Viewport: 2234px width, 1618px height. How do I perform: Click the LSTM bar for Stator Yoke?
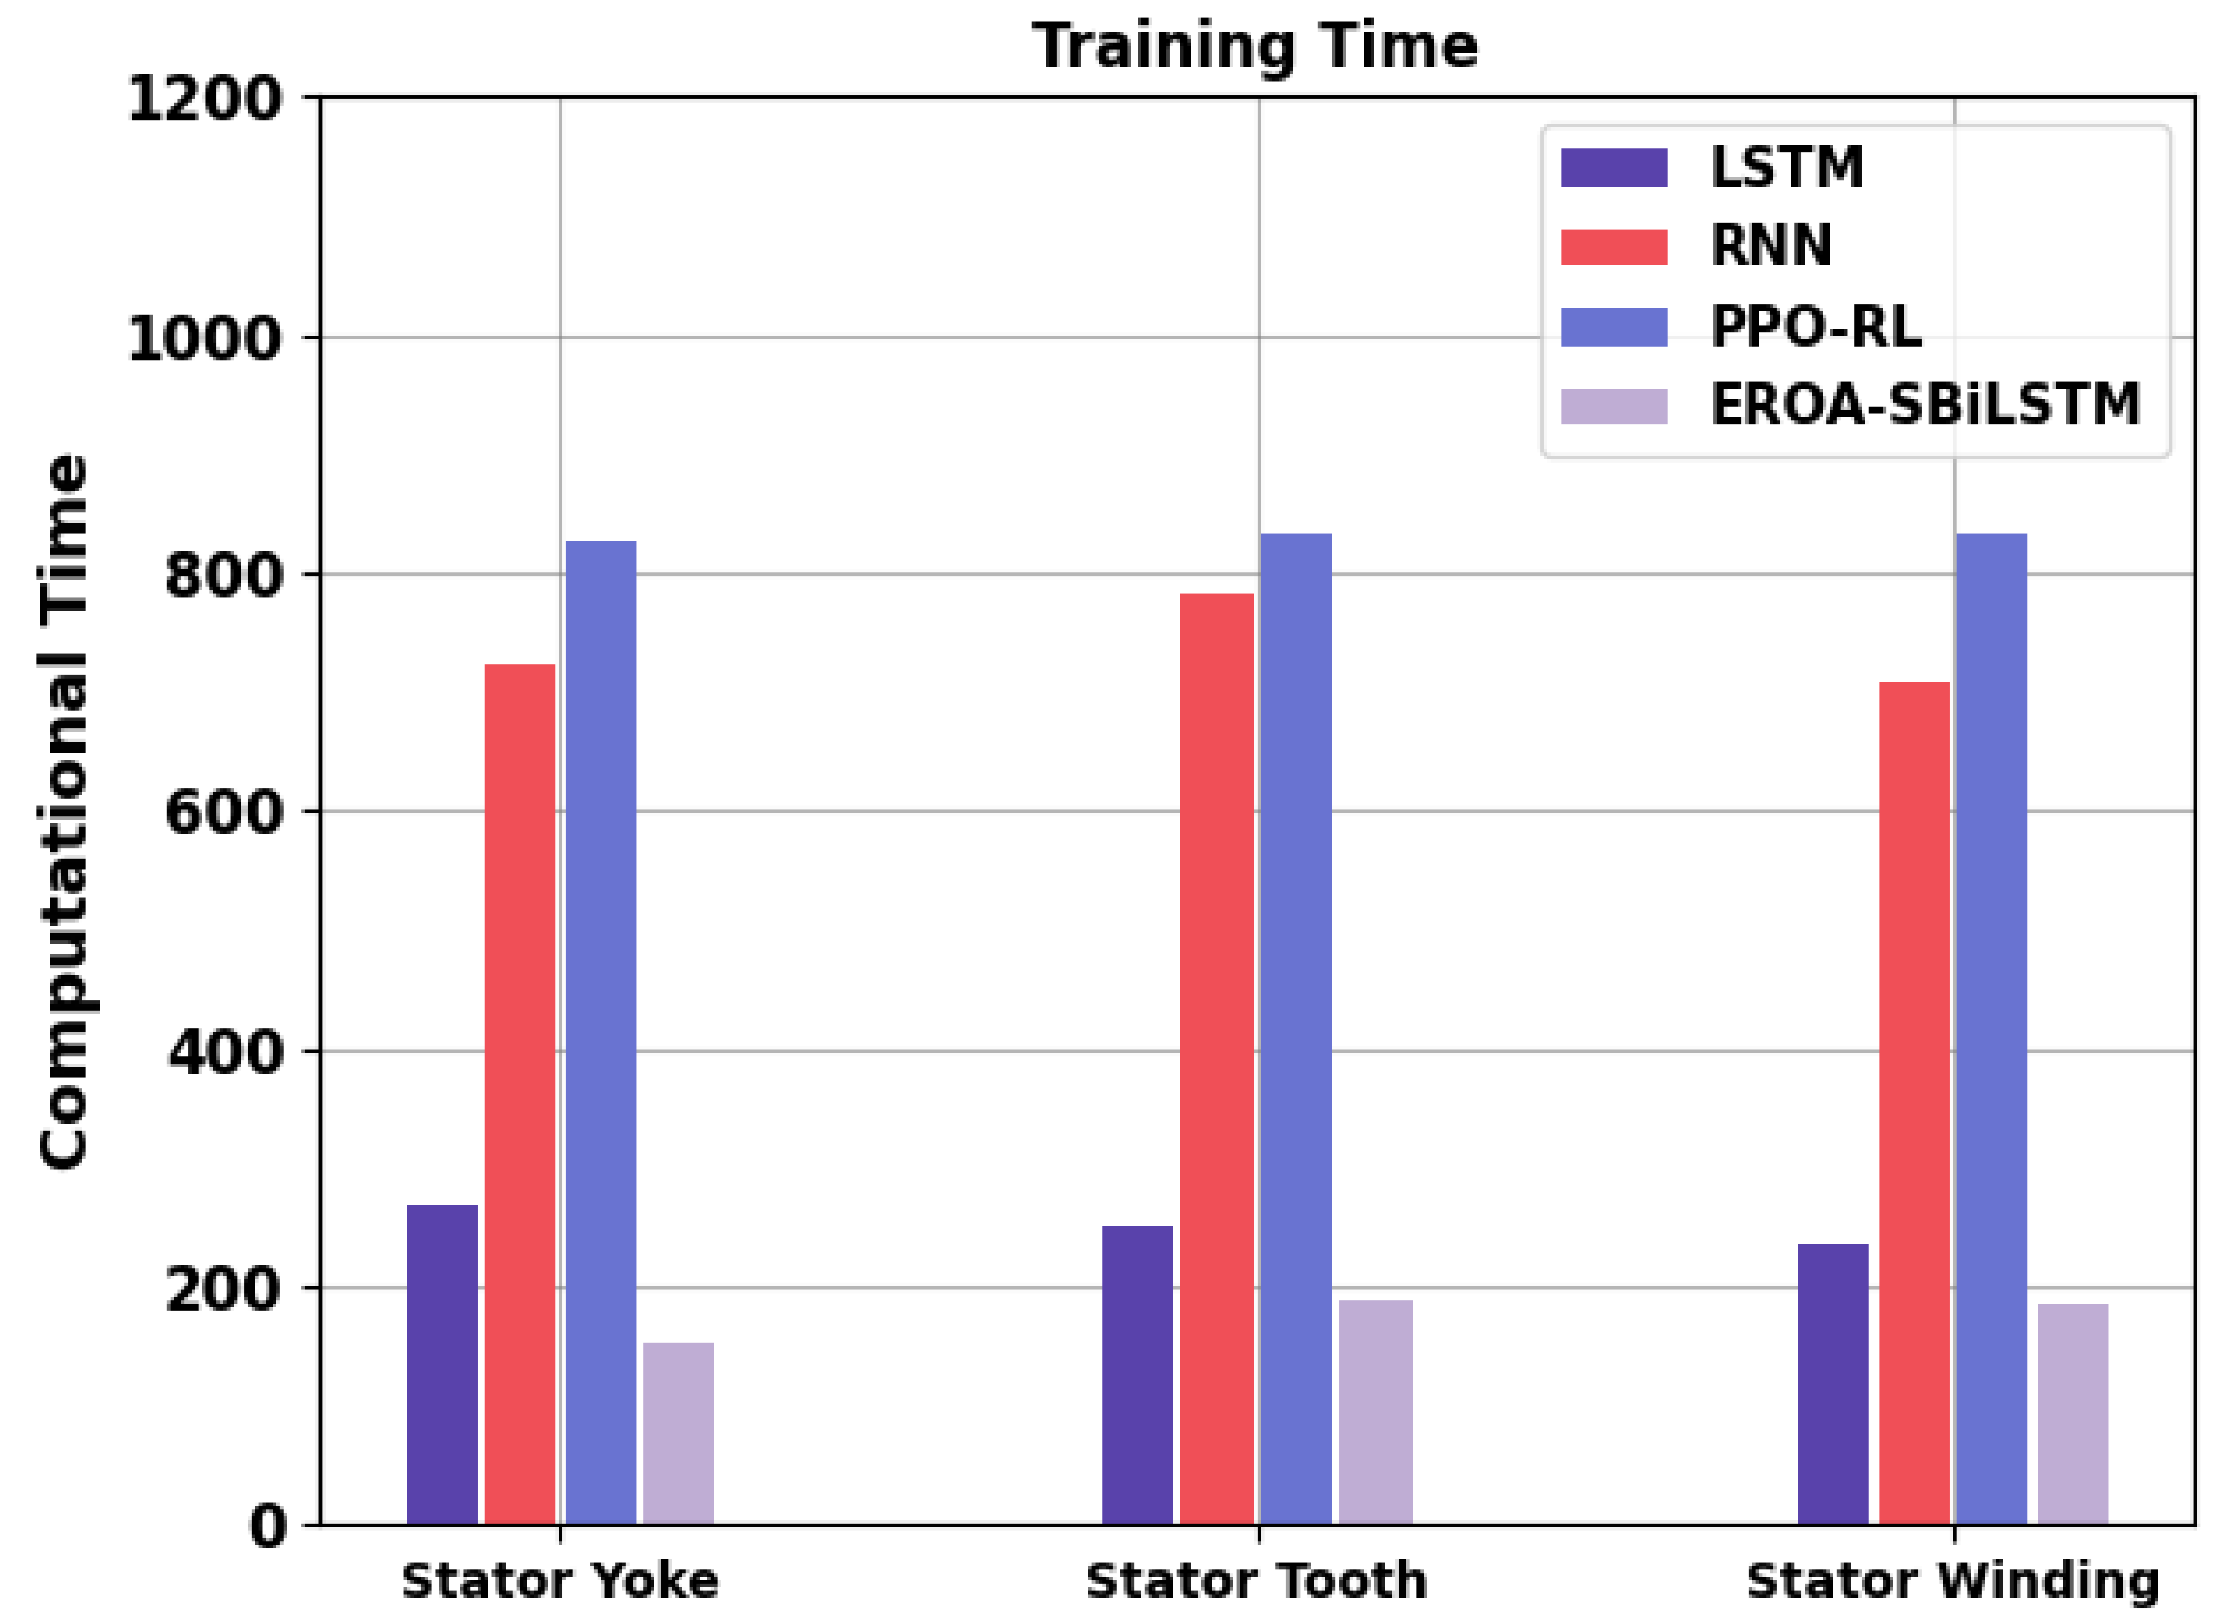[x=442, y=1364]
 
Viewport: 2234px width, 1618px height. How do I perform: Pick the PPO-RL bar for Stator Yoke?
[x=600, y=1032]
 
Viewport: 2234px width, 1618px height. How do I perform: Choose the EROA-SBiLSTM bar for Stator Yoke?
[x=679, y=1433]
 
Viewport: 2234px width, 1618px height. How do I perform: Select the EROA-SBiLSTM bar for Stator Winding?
[x=2072, y=1414]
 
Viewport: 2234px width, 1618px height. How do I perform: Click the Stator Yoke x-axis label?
[x=559, y=1581]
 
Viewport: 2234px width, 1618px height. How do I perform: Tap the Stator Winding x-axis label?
[x=1952, y=1581]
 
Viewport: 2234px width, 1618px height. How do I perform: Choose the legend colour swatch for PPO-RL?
[x=1613, y=327]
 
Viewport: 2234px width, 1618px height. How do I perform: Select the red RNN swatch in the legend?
[x=1613, y=246]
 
